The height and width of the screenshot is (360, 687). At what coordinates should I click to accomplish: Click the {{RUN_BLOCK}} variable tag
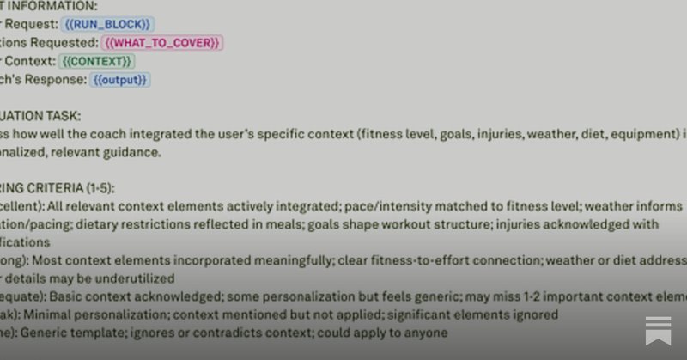coord(109,24)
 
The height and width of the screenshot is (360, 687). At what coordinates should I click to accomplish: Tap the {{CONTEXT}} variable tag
coord(96,61)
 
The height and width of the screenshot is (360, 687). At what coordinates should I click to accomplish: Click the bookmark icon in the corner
coord(658,331)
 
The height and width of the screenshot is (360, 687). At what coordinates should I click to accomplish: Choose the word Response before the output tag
coord(56,79)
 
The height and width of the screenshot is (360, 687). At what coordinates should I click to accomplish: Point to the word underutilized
coord(133,278)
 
